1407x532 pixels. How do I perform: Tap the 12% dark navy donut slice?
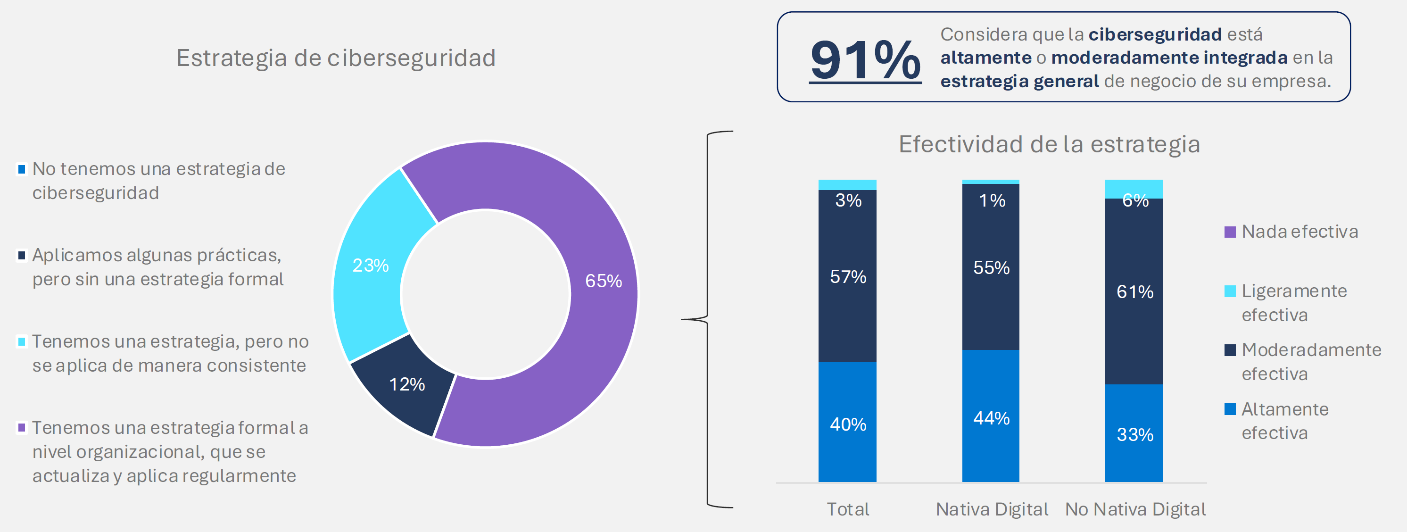click(x=407, y=384)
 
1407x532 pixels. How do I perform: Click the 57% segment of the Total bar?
click(x=847, y=276)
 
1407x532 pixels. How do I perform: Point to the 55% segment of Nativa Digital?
click(x=990, y=267)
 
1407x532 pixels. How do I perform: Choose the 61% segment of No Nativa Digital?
click(x=1134, y=291)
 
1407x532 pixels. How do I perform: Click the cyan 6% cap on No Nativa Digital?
click(x=1134, y=189)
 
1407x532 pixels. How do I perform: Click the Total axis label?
click(x=847, y=509)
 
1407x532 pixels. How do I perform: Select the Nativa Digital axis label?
click(x=991, y=509)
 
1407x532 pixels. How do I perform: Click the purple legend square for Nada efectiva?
click(x=1230, y=232)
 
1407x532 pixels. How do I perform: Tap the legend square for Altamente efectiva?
click(x=1230, y=409)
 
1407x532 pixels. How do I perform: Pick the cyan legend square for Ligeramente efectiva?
click(x=1230, y=291)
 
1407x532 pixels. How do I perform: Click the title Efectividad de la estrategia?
click(x=1049, y=144)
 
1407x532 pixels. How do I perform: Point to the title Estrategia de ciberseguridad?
click(x=336, y=58)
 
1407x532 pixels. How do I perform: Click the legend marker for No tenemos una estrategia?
click(x=22, y=169)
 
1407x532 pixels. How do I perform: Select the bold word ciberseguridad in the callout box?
click(x=1155, y=34)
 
